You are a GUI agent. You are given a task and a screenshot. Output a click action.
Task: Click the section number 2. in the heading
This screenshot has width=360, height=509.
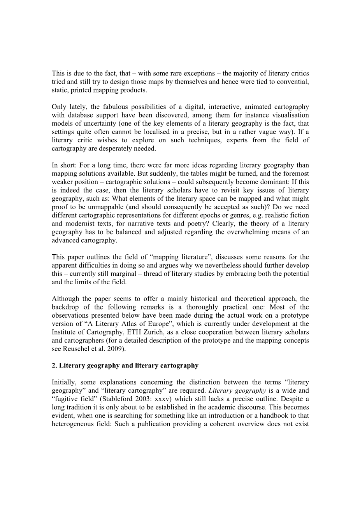click(54, 366)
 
